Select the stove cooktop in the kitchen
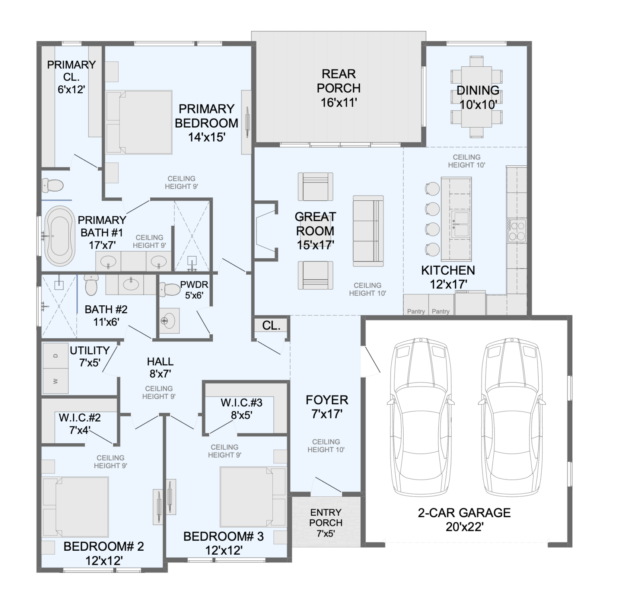(x=517, y=230)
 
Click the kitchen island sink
(x=460, y=224)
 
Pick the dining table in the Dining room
(x=476, y=97)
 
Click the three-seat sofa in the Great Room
(x=368, y=231)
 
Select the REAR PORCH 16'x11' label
(x=339, y=88)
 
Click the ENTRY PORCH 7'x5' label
(x=326, y=523)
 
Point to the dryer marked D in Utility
(x=55, y=355)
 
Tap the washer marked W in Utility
(x=55, y=381)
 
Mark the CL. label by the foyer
(x=271, y=325)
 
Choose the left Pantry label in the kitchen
(x=416, y=311)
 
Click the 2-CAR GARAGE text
(x=464, y=512)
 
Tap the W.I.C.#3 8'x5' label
(x=241, y=408)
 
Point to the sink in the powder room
(x=169, y=321)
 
